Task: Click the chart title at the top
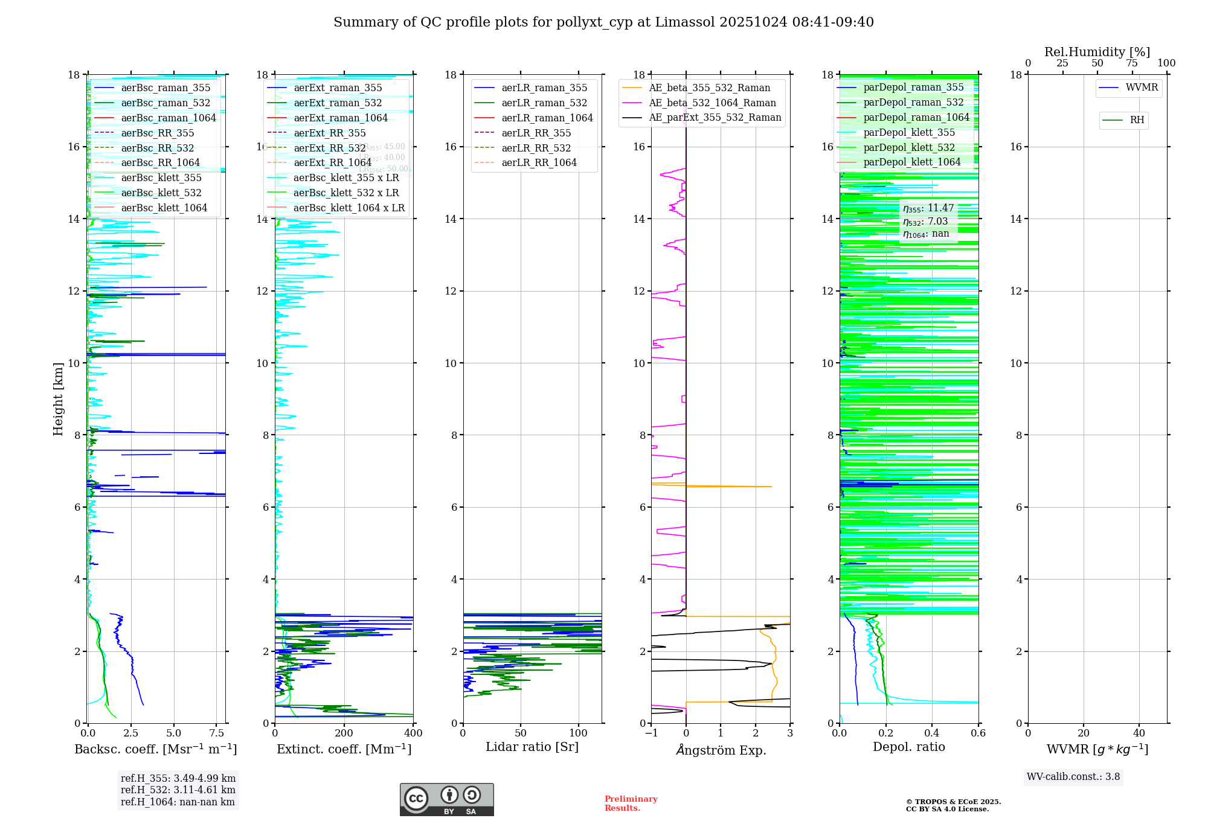[x=603, y=22]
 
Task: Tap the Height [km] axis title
[x=58, y=399]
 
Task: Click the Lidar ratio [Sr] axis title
[x=532, y=747]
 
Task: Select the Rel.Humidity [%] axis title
[x=1097, y=52]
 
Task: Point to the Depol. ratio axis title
[x=908, y=747]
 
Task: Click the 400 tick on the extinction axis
[x=413, y=733]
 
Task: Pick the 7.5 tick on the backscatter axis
[x=217, y=733]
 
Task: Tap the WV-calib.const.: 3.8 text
[x=1073, y=777]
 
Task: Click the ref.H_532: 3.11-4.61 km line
[x=178, y=790]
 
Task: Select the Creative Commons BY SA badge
[x=446, y=799]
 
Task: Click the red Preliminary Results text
[x=631, y=803]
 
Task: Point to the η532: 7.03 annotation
[x=925, y=222]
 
